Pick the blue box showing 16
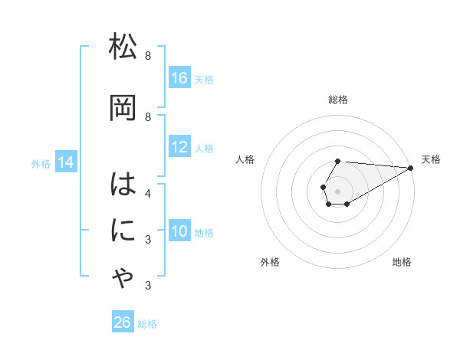(x=179, y=78)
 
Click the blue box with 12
(x=179, y=147)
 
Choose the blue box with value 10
(x=179, y=231)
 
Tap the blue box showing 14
(x=66, y=162)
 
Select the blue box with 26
(x=123, y=322)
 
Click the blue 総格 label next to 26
(x=147, y=324)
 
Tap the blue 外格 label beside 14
(x=41, y=163)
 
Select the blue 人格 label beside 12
(x=204, y=148)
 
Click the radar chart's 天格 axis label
(x=431, y=159)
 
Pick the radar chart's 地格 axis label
(x=402, y=262)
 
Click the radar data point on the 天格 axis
(x=412, y=168)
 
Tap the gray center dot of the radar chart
(x=337, y=191)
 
